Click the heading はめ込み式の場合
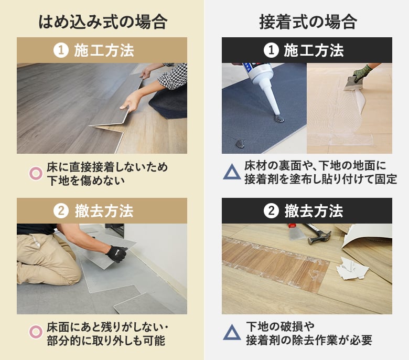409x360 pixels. point(103,22)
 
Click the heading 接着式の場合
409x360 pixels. point(308,22)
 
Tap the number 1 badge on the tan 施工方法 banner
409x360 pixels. point(61,50)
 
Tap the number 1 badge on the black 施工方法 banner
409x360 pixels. point(271,50)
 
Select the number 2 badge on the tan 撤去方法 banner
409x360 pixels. point(61,211)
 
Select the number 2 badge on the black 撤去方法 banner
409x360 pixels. point(271,211)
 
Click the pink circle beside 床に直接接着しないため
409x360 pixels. point(36,174)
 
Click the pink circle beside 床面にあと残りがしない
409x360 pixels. point(36,332)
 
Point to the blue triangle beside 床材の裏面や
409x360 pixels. point(232,172)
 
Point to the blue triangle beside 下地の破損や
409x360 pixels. point(232,332)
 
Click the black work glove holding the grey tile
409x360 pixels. point(116,254)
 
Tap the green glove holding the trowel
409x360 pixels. point(362,72)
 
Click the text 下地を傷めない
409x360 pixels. point(85,181)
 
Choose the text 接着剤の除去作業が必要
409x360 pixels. point(309,340)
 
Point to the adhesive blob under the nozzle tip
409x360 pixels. point(279,119)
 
